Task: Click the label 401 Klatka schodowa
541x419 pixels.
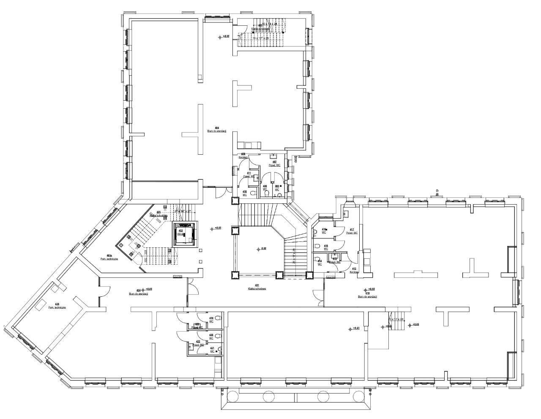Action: pyautogui.click(x=254, y=288)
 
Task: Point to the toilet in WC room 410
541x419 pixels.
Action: pyautogui.click(x=252, y=193)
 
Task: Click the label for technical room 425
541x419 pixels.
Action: pyautogui.click(x=57, y=306)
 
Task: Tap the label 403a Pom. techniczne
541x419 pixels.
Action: pyautogui.click(x=109, y=257)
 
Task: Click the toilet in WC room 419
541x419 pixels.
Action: pyautogui.click(x=218, y=318)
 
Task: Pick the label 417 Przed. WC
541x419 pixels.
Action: pyautogui.click(x=352, y=232)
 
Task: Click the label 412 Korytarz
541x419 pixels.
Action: pyautogui.click(x=354, y=271)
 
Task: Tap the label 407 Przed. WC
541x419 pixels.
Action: pyautogui.click(x=274, y=163)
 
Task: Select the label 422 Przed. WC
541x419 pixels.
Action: pyautogui.click(x=198, y=344)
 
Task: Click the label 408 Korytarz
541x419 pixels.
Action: pyautogui.click(x=243, y=156)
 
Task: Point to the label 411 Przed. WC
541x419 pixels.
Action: pyautogui.click(x=249, y=175)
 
